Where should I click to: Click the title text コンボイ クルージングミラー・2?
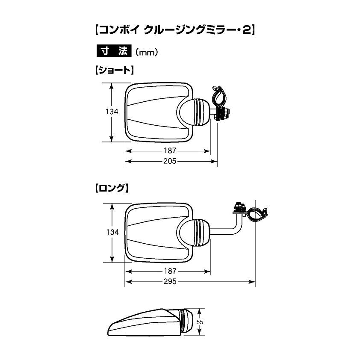[174, 30]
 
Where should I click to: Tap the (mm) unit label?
[147, 52]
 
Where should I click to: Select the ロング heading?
[111, 188]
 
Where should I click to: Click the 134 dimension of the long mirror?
[112, 232]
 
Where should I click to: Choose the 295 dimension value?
[170, 281]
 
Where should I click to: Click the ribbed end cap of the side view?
[186, 322]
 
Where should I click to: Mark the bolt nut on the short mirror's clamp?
[223, 114]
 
